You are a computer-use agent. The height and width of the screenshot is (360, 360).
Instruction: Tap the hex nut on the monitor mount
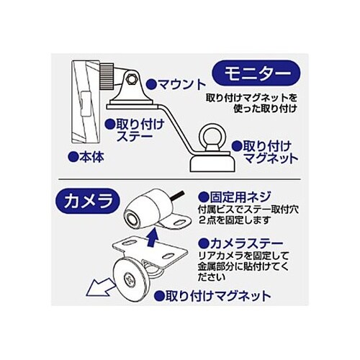click(x=131, y=78)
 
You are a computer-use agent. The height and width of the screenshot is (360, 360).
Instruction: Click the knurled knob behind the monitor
click(x=107, y=76)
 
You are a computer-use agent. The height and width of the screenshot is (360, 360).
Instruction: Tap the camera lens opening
click(x=132, y=218)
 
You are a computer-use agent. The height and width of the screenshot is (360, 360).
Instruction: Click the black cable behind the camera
click(x=179, y=195)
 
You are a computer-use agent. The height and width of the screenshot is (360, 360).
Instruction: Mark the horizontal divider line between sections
click(x=179, y=179)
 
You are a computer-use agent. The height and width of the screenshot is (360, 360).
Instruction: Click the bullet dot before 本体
click(x=73, y=158)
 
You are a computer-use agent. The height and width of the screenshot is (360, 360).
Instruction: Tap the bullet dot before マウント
click(x=151, y=84)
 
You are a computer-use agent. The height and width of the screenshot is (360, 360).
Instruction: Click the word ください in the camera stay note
click(x=212, y=278)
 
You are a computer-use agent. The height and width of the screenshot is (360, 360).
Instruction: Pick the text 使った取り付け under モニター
click(x=266, y=109)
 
